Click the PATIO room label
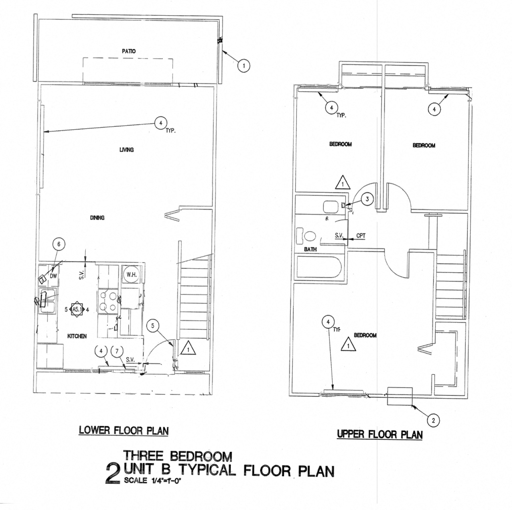(129, 51)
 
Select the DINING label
(97, 218)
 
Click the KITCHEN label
(77, 336)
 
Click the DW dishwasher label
(53, 276)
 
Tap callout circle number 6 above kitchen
(59, 244)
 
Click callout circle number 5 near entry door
(153, 326)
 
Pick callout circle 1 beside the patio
(243, 65)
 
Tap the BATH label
(310, 250)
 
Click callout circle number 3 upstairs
(367, 199)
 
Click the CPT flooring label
(361, 235)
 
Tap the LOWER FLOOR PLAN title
(124, 430)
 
